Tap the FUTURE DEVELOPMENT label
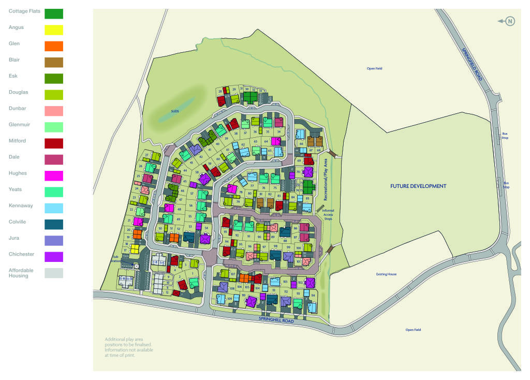point(418,186)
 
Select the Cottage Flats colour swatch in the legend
point(54,13)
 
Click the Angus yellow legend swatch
point(54,30)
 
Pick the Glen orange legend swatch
point(54,46)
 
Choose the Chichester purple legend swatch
point(54,257)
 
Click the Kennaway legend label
point(21,206)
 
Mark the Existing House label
point(386,274)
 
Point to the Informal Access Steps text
point(328,215)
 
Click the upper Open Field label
point(374,68)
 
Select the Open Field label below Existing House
point(413,330)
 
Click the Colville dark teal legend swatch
point(54,224)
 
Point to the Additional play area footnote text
point(128,347)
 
